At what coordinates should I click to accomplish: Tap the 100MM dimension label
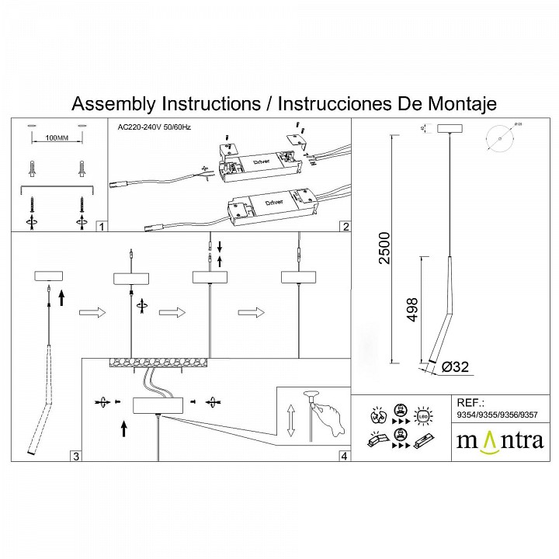tap(54, 138)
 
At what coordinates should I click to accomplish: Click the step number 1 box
tap(100, 227)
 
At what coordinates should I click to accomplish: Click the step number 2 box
tap(345, 227)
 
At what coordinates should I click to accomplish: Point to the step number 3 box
tap(75, 456)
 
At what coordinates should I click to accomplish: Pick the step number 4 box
tap(344, 456)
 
